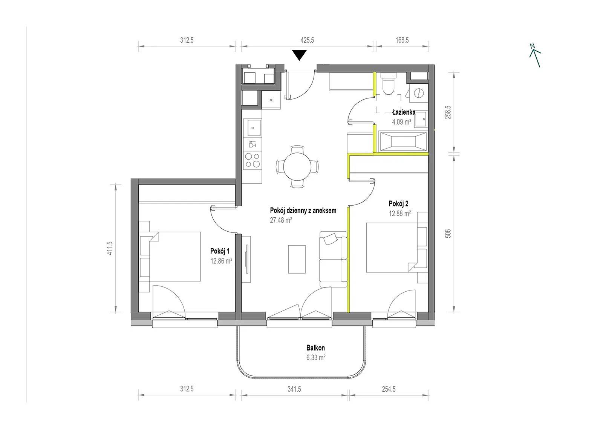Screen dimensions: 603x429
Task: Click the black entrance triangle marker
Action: tap(299, 55)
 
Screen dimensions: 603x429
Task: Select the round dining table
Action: tap(297, 166)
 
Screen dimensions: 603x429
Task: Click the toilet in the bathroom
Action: tap(389, 83)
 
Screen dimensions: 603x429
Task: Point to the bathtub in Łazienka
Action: tap(403, 141)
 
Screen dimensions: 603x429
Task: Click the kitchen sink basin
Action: tap(252, 128)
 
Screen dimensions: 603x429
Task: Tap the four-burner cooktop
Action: tap(253, 160)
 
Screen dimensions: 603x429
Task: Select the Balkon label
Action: tap(315, 348)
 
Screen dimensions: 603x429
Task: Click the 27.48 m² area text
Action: tap(281, 220)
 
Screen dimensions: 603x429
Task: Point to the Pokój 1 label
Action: tap(220, 251)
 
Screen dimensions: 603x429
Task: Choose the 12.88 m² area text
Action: tap(400, 214)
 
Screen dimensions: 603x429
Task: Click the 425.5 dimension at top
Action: tap(307, 40)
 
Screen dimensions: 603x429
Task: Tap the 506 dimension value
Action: tap(448, 233)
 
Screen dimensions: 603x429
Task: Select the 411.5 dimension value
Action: tap(110, 248)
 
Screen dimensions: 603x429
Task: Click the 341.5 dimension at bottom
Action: tap(294, 389)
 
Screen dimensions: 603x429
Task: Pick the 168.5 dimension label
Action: tap(402, 40)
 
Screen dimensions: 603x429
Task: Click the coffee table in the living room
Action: tap(297, 259)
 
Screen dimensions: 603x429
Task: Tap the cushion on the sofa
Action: tap(331, 239)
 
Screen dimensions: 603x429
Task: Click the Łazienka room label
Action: tap(404, 112)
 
